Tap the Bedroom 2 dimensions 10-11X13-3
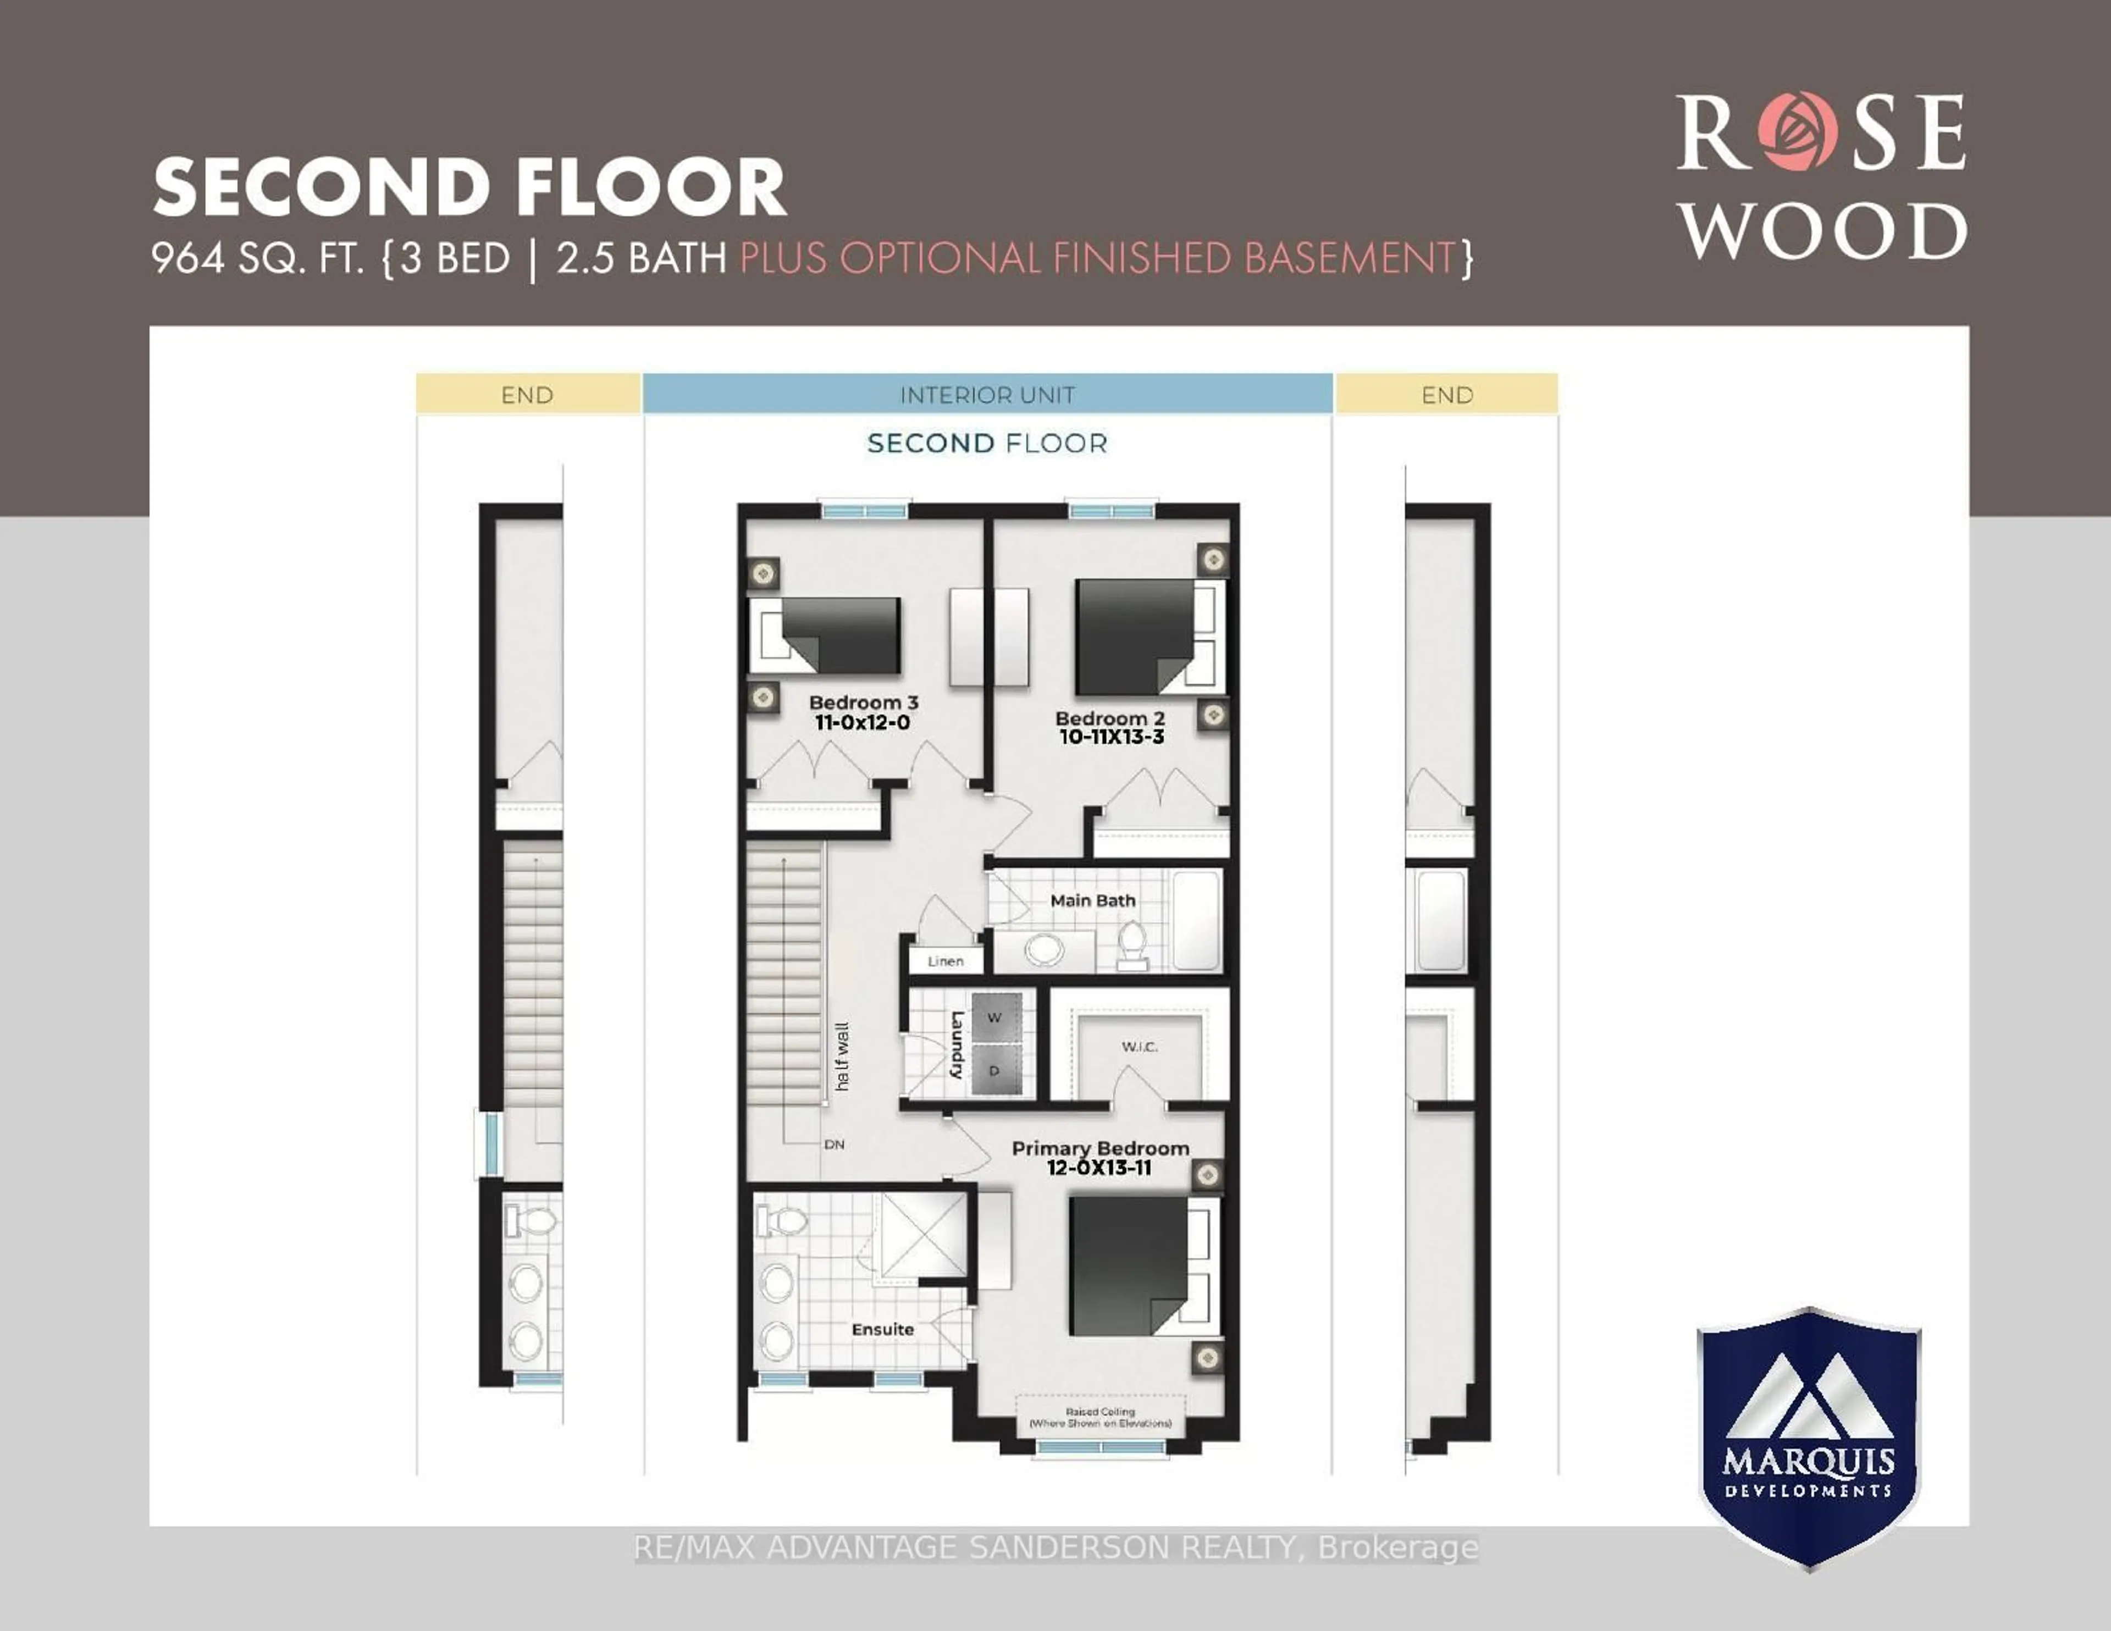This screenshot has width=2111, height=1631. (x=1110, y=737)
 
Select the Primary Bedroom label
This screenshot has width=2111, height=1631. (x=1100, y=1148)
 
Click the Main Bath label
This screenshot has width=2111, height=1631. (x=1092, y=900)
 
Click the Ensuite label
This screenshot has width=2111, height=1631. (x=882, y=1329)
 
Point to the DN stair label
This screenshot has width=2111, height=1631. (x=833, y=1145)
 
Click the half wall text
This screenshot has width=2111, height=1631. (x=842, y=1057)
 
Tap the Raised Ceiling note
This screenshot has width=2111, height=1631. (x=1100, y=1417)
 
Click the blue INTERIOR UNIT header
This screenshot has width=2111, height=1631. (x=987, y=395)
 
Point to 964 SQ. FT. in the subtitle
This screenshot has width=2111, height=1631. (x=256, y=259)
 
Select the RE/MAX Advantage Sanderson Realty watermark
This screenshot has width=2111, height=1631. (x=1055, y=1548)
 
